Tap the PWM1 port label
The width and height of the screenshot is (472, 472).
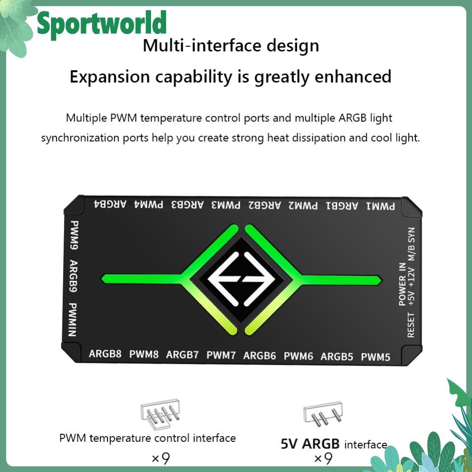(380, 206)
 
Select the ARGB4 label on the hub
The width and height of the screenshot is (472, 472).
(110, 204)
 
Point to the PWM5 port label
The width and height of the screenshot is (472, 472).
(375, 357)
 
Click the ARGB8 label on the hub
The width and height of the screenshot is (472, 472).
(105, 354)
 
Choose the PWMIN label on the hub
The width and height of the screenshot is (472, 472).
(73, 320)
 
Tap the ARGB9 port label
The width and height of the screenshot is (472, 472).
(73, 276)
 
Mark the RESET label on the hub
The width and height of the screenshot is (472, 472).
(411, 325)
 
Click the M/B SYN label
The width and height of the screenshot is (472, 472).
(411, 244)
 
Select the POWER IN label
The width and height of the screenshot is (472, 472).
(402, 284)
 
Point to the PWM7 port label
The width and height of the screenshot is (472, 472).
(221, 355)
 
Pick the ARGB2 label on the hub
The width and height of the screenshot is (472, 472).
(265, 205)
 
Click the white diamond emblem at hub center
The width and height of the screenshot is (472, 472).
(241, 279)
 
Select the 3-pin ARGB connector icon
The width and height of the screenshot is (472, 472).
(323, 413)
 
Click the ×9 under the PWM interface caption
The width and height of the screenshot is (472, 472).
(161, 458)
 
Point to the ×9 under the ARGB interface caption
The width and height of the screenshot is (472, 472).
(323, 458)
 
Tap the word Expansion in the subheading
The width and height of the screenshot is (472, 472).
(110, 77)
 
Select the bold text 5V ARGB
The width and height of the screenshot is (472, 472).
(310, 444)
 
